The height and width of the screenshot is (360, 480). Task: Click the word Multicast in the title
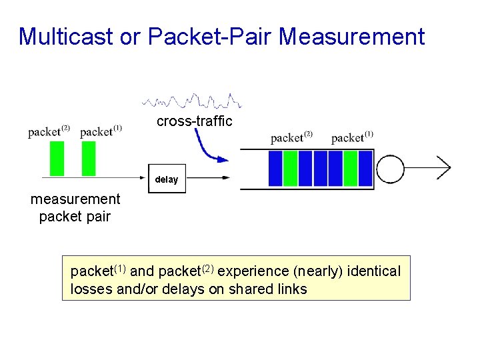[64, 37]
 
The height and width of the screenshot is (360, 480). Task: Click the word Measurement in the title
[351, 37]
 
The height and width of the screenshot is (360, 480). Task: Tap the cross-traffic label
[194, 121]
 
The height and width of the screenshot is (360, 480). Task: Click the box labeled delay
[167, 179]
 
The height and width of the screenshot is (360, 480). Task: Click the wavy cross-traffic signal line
[192, 101]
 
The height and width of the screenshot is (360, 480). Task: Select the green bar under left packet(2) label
[57, 159]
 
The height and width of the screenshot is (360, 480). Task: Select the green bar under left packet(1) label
[88, 159]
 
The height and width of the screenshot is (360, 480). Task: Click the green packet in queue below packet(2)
[290, 168]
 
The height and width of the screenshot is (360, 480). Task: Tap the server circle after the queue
[391, 168]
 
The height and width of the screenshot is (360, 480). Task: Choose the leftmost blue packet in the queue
[275, 168]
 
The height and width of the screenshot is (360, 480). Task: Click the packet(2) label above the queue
[291, 137]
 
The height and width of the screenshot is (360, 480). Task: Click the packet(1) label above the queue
[351, 137]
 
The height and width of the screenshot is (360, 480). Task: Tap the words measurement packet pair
[75, 207]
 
